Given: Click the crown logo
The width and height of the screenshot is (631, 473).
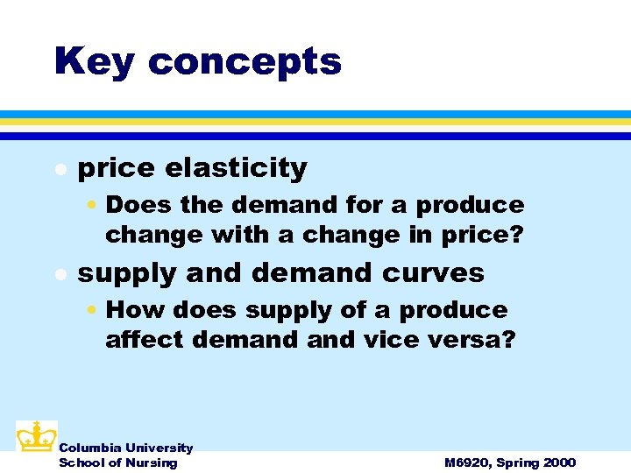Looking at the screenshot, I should coord(36,435).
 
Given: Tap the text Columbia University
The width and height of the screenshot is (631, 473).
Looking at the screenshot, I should coord(125,448).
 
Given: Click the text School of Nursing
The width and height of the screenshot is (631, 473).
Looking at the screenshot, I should coord(117,462).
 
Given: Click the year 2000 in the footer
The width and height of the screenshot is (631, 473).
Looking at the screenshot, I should coord(559,462).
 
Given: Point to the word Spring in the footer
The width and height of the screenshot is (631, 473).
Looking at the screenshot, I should coord(518,463).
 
